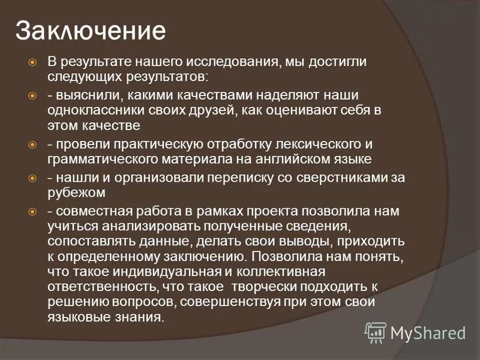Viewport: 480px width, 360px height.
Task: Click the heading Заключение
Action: click(91, 30)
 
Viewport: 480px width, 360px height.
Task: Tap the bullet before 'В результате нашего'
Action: click(34, 62)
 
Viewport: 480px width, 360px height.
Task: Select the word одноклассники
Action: click(88, 111)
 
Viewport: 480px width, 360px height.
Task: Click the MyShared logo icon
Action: click(376, 332)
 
